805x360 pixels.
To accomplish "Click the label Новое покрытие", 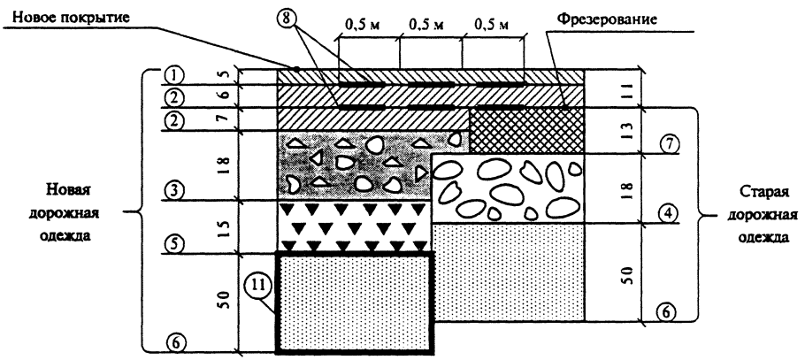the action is pos(71,17).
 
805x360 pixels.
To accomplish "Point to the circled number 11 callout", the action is pos(256,287).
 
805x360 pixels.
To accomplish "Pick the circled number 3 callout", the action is pos(174,191).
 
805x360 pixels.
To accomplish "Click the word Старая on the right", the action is pos(762,192).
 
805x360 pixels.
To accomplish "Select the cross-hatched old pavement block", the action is pos(526,130).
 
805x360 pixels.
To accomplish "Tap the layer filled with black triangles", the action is pos(354,226).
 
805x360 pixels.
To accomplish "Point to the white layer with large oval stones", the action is pos(509,188).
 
